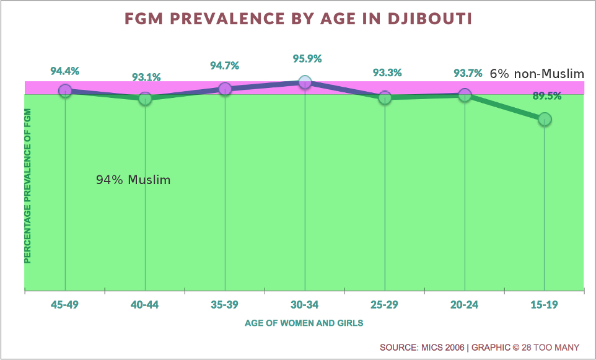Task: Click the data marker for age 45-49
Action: point(65,90)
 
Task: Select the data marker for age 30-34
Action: point(305,82)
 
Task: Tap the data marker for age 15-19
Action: point(544,119)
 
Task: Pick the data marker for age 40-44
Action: point(145,99)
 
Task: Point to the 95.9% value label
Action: point(308,59)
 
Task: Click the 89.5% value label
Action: point(547,96)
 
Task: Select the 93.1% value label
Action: point(146,77)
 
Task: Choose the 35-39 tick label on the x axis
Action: point(225,304)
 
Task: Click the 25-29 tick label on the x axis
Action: point(385,304)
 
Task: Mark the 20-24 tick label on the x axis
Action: point(465,304)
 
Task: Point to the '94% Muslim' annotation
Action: point(133,180)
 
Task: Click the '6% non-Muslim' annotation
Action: point(537,74)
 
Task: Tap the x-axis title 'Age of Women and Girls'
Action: point(304,323)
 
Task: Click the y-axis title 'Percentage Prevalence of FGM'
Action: point(28,185)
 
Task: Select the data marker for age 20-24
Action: point(465,95)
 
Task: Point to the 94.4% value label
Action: point(65,71)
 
